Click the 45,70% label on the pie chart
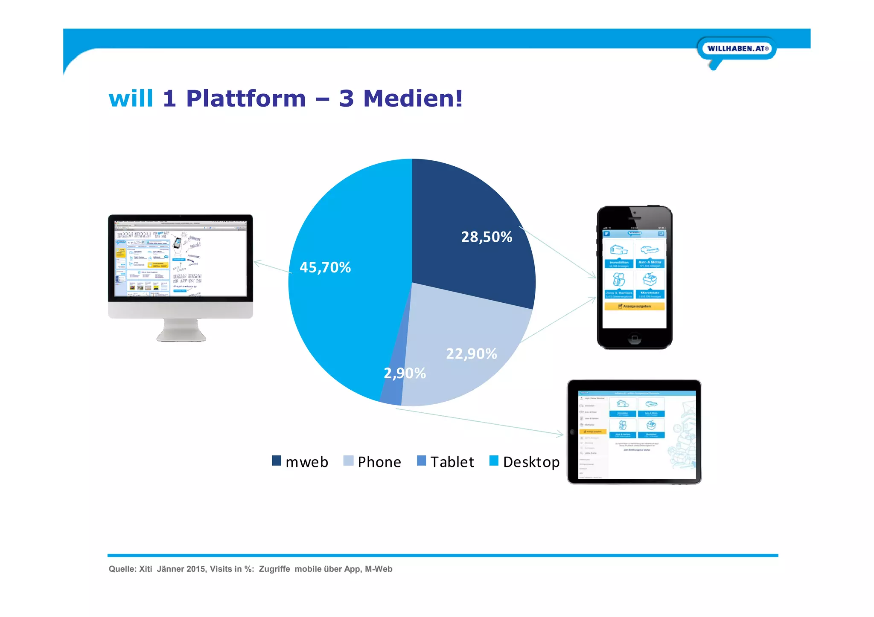click(x=325, y=267)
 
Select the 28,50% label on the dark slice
click(x=487, y=237)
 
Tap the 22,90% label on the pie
click(x=471, y=354)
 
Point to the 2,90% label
click(x=405, y=373)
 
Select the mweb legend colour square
click(x=277, y=461)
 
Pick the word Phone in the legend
click(x=379, y=462)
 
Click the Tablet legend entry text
click(x=452, y=462)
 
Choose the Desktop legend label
click(x=531, y=462)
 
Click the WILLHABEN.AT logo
click(x=737, y=49)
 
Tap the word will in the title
click(x=131, y=98)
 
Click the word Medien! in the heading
click(x=413, y=98)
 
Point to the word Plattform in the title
click(x=246, y=98)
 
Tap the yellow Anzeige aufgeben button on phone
click(x=634, y=306)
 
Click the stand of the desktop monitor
click(x=181, y=330)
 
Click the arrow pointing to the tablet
click(x=478, y=422)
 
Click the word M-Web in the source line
click(x=379, y=569)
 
